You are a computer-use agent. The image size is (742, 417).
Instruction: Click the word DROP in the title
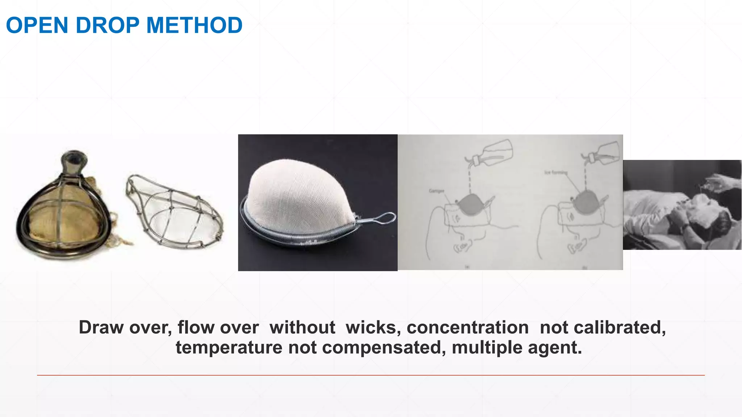(107, 25)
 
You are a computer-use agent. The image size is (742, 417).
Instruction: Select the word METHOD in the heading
(194, 25)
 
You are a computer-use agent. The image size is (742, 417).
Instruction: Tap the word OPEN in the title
(37, 25)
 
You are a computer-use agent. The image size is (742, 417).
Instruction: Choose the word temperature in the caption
(229, 347)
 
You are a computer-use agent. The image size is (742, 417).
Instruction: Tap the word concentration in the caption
(468, 328)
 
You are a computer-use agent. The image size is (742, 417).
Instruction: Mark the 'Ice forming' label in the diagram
(555, 172)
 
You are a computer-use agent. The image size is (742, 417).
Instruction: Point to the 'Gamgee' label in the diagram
(436, 191)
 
